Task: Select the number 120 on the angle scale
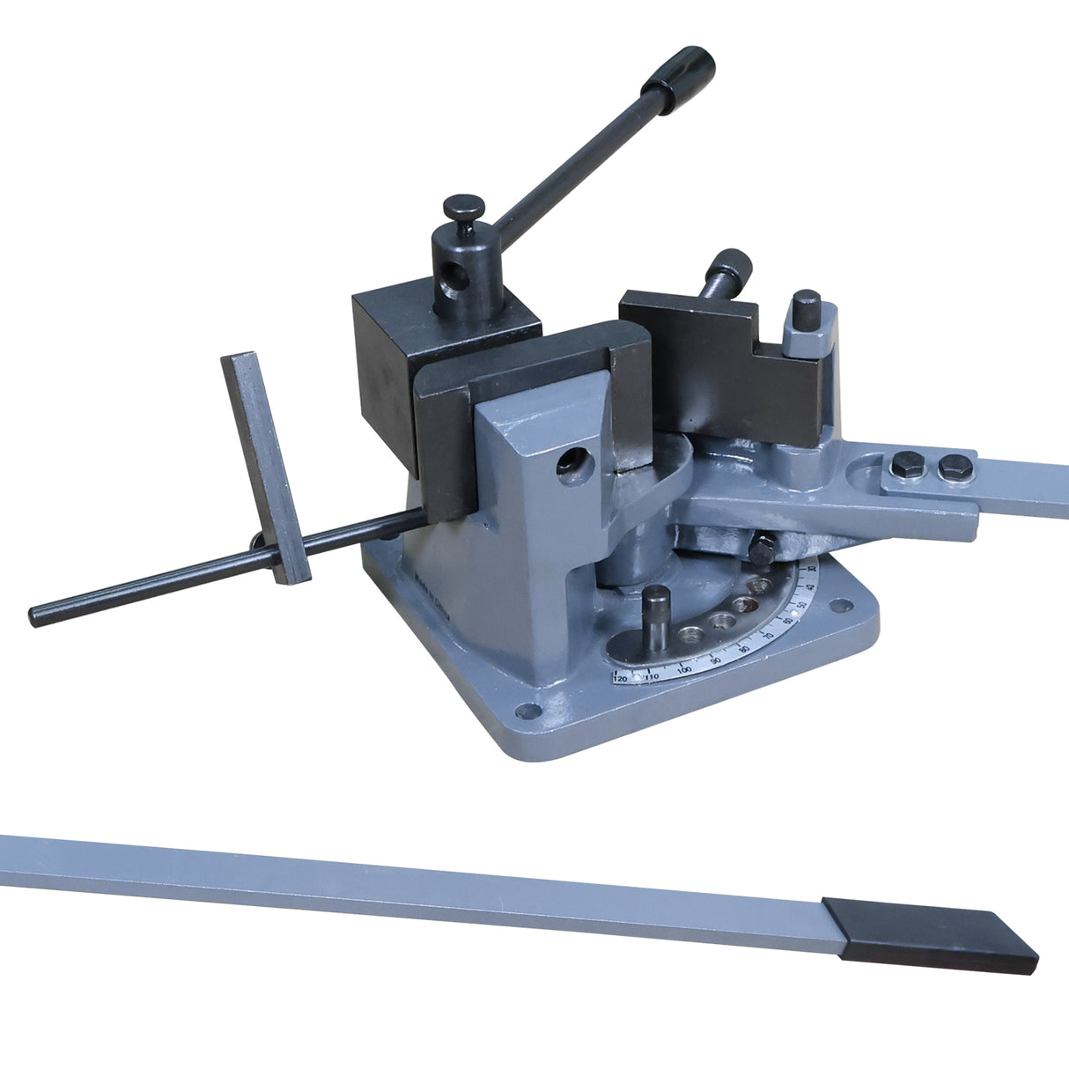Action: point(620,679)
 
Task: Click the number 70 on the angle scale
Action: point(767,634)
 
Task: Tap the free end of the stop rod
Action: point(37,615)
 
